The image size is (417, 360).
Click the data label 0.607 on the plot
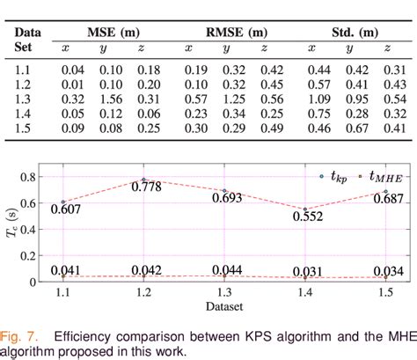[x=66, y=207]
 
